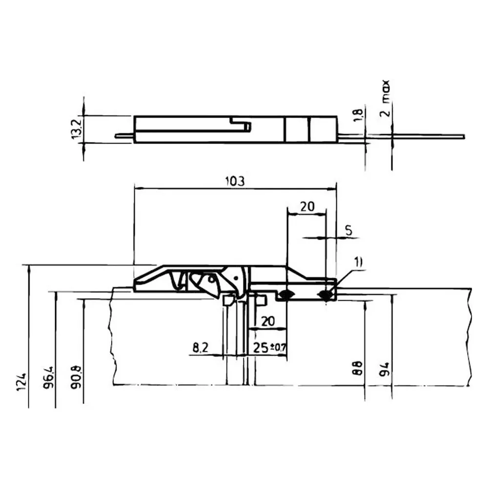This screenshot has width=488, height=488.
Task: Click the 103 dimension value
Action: [235, 181]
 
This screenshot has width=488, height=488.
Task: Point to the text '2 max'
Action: [385, 99]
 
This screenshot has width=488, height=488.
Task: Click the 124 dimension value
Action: [22, 382]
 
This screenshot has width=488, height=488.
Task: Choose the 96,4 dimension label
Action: [48, 377]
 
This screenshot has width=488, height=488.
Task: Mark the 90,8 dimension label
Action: [77, 377]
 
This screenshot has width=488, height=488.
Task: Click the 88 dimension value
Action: [358, 368]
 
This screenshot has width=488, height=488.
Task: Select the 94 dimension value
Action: [385, 369]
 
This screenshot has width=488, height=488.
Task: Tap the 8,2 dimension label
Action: [201, 347]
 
